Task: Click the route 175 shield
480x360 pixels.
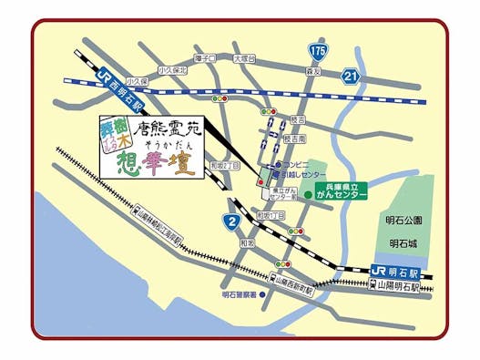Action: point(315,48)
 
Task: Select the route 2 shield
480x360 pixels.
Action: point(231,221)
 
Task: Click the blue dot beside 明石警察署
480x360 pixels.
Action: point(262,295)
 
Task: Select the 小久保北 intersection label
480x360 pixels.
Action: point(170,70)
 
